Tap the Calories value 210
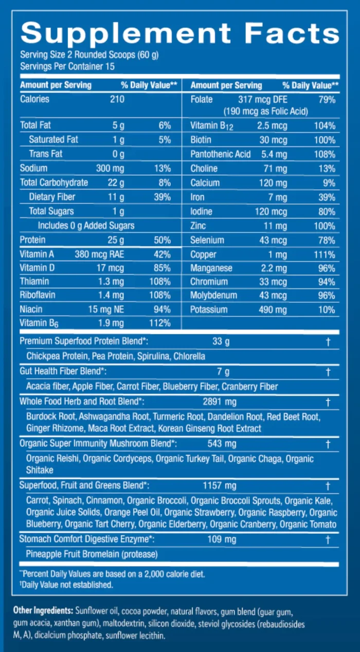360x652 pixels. [x=117, y=99]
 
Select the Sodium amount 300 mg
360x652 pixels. [x=110, y=168]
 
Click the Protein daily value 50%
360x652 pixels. [x=162, y=240]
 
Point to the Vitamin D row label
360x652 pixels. [x=37, y=268]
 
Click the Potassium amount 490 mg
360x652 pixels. [x=274, y=310]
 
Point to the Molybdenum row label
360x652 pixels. [x=213, y=296]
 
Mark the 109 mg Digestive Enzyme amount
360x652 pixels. [x=223, y=539]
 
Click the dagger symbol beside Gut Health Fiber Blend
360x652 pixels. [x=328, y=372]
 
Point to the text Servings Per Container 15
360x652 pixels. [x=67, y=66]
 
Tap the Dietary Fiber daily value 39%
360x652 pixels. [x=162, y=196]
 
